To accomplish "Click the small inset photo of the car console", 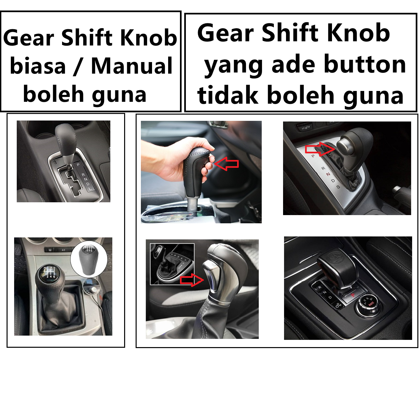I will pyautogui.click(x=172, y=264).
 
